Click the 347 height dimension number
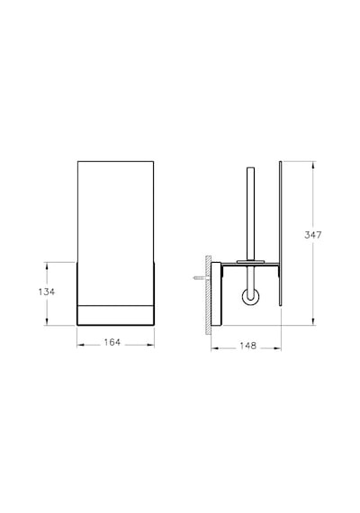[x=313, y=235]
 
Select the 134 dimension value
[x=47, y=292]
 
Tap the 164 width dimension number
[x=112, y=342]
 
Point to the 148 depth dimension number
[x=247, y=346]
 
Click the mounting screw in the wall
[x=200, y=278]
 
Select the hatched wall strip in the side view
[x=208, y=295]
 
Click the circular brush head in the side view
[x=251, y=297]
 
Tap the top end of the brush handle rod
[x=251, y=167]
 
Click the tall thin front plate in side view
[x=281, y=233]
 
